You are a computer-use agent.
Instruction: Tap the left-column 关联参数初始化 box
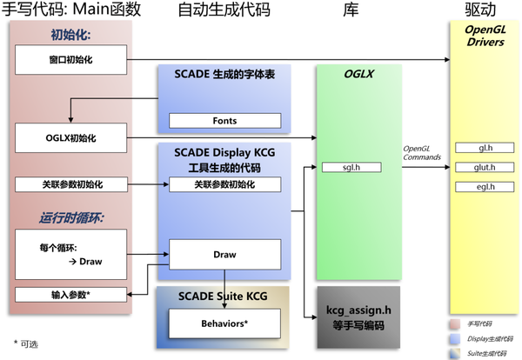tap(70, 184)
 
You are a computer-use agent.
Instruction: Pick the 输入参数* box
tap(70, 294)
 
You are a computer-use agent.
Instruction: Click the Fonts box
tap(224, 121)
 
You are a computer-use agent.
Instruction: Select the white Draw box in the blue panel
tap(224, 254)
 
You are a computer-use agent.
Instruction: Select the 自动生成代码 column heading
tap(224, 11)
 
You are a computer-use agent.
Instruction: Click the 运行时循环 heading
tap(71, 217)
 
